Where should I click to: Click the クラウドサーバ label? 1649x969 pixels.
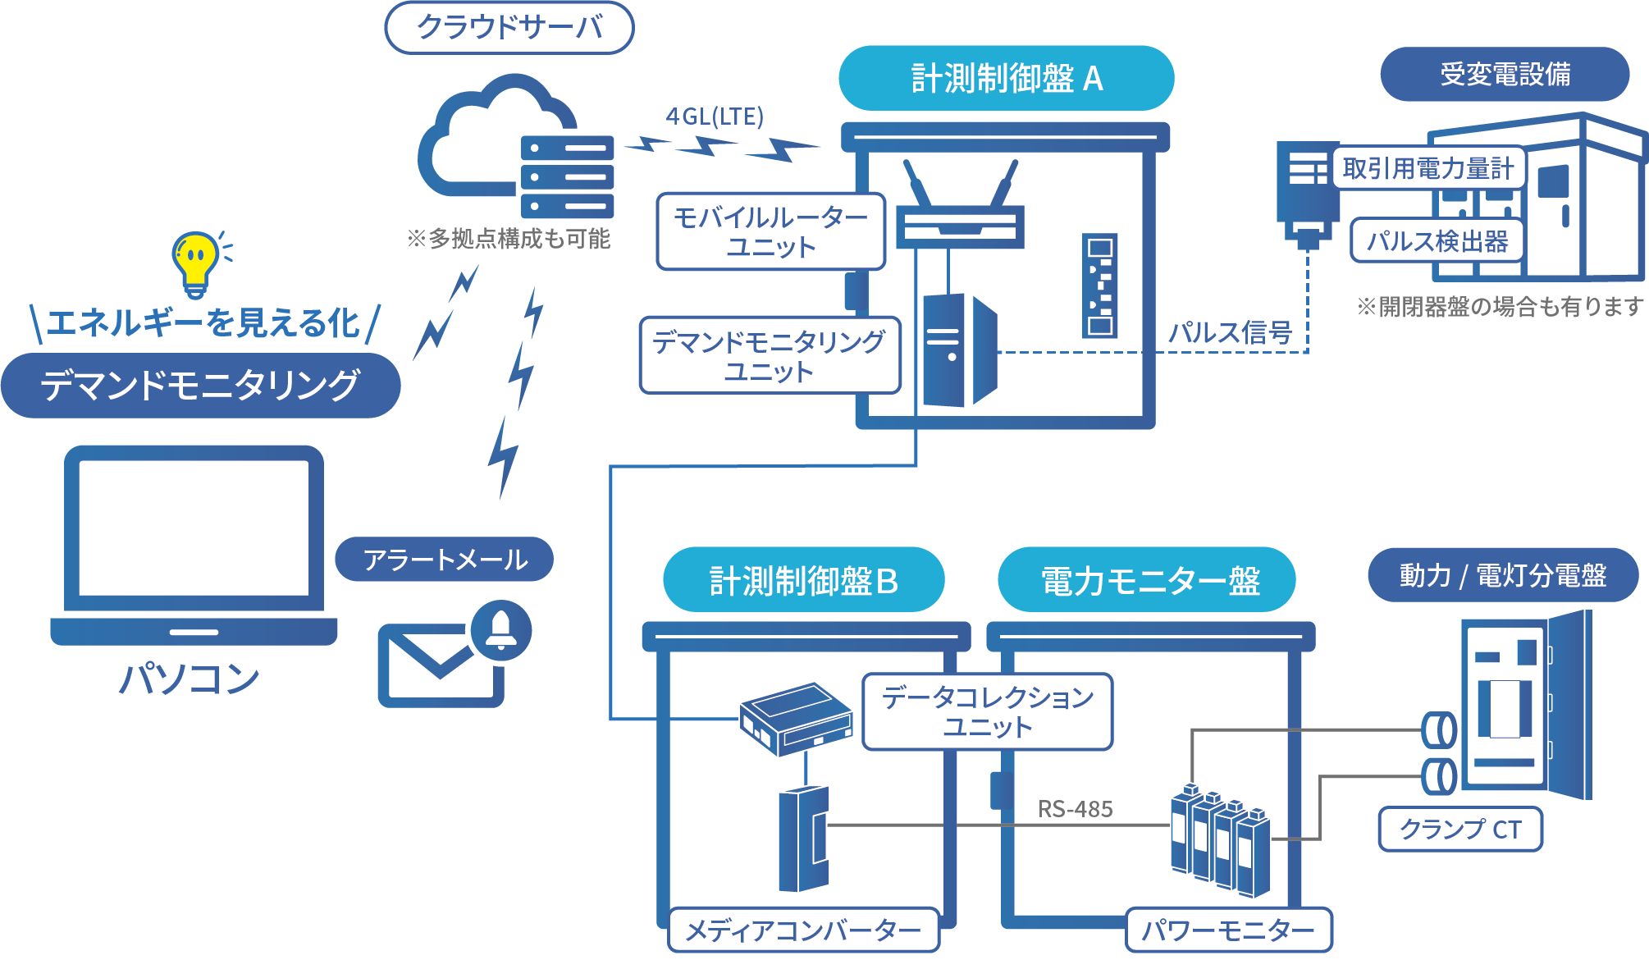pos(509,28)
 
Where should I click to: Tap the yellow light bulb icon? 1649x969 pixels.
pos(194,263)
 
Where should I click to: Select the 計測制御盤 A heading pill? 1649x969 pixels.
pos(1006,79)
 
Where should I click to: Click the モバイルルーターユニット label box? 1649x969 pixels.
pos(770,231)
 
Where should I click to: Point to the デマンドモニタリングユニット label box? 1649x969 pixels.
pos(769,356)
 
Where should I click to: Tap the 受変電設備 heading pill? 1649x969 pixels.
pos(1505,75)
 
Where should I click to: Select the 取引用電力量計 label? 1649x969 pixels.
pos(1427,168)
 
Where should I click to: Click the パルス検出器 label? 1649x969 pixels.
pos(1437,240)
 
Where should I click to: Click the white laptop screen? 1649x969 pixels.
pos(194,528)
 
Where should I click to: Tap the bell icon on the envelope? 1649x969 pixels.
pos(500,630)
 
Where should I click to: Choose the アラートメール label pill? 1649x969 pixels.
pos(445,560)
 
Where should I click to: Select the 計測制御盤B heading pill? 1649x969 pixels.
pos(803,580)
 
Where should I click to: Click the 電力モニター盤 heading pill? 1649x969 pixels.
pos(1146,580)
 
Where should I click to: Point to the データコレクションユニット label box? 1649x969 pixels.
pos(987,711)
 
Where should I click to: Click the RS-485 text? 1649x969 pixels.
pos(1075,810)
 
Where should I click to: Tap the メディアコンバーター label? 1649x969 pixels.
pos(803,930)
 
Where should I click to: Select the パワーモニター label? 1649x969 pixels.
pos(1228,930)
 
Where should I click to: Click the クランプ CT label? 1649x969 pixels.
pos(1459,829)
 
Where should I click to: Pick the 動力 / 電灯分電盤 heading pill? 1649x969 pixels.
pos(1502,575)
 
